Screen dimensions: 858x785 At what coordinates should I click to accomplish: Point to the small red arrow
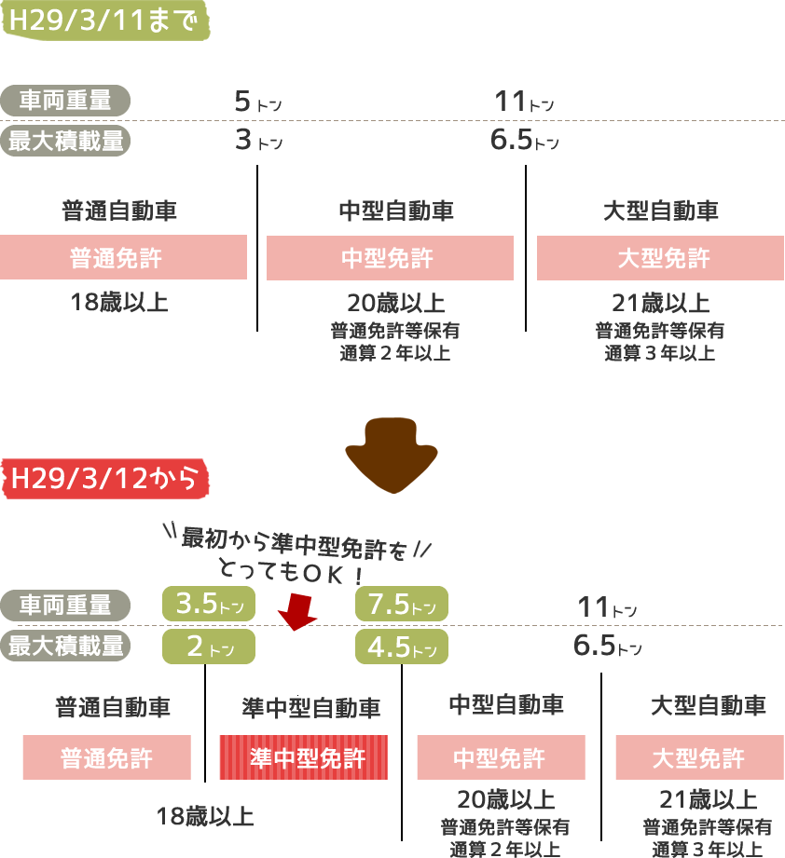click(297, 611)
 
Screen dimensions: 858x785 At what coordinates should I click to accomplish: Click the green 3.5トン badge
click(209, 604)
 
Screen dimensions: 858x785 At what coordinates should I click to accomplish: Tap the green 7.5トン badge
click(401, 604)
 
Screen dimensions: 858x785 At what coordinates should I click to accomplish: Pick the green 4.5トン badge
click(401, 646)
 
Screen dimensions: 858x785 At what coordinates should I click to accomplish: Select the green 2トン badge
click(208, 646)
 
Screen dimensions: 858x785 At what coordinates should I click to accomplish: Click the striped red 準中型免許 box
click(303, 757)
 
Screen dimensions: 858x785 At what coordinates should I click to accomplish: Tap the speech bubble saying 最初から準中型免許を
click(296, 552)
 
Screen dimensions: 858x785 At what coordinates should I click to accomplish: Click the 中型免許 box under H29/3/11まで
click(390, 258)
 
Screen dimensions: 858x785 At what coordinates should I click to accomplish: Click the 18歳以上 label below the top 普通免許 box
click(120, 302)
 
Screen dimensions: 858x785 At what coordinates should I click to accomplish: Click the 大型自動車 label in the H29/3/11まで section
click(661, 211)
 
